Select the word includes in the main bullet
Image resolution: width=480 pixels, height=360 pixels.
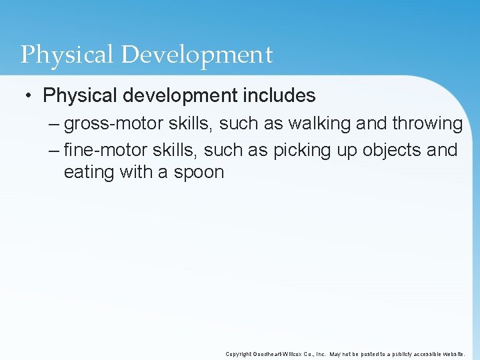tap(279, 96)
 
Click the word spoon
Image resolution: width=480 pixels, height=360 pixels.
tap(198, 173)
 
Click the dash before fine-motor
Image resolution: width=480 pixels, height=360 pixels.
tap(54, 151)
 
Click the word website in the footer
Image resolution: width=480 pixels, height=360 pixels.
tap(452, 354)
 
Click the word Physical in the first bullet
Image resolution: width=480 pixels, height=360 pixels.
tap(72, 96)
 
